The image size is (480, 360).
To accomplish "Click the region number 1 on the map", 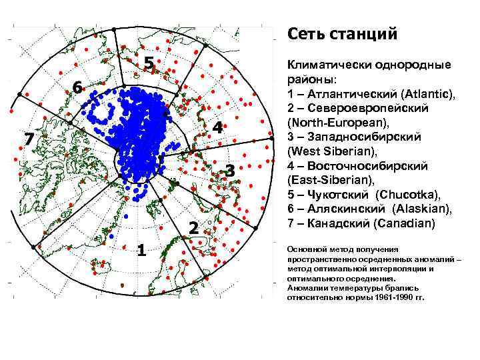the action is point(141,250).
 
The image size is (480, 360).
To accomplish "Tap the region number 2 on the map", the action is point(193,228).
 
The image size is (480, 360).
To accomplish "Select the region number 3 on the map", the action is point(229,171).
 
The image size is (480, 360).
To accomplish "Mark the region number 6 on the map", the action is point(78,88).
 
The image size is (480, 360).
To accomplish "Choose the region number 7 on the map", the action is point(28,139).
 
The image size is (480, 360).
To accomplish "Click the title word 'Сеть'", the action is point(305,33).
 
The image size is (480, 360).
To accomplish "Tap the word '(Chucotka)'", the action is point(407,194).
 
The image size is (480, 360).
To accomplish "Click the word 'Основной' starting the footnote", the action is point(303,247).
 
